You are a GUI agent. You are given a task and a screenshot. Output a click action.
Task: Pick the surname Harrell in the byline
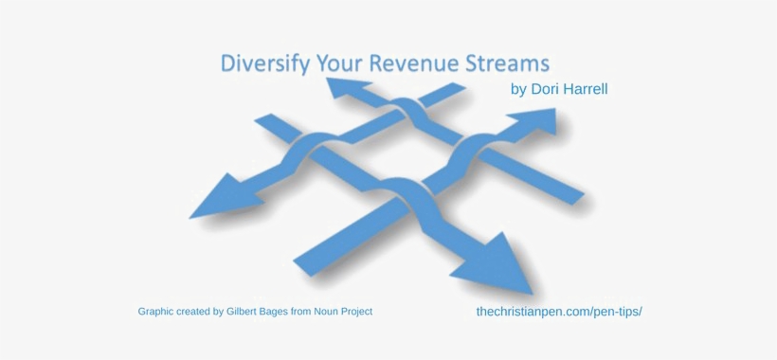(587, 90)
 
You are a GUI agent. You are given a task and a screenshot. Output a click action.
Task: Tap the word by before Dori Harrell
(517, 91)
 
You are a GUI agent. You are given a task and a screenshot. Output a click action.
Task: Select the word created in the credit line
(198, 312)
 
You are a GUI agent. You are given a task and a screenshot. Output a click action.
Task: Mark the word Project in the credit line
(379, 312)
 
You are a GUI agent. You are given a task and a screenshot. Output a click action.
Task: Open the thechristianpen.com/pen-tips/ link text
(559, 312)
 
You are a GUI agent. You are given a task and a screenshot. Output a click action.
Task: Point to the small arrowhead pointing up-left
(344, 88)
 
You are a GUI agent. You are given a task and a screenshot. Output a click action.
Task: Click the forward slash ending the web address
(641, 312)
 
